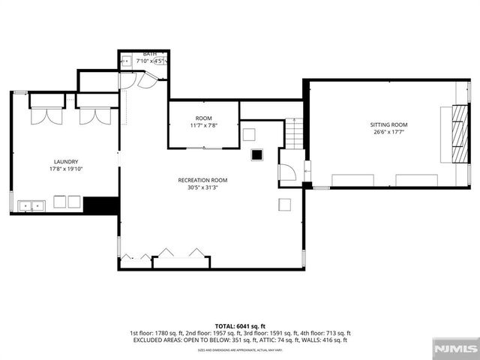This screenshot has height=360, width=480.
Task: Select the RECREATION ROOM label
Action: point(202,180)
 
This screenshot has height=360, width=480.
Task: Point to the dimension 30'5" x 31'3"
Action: point(202,187)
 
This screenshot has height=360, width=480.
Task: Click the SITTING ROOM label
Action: point(388,124)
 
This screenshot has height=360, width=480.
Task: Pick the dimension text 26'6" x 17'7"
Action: point(388,132)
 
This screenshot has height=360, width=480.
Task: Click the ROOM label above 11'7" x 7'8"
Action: point(203,118)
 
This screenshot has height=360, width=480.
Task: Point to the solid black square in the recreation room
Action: point(257,154)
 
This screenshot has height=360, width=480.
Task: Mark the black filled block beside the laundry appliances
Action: point(101,205)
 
